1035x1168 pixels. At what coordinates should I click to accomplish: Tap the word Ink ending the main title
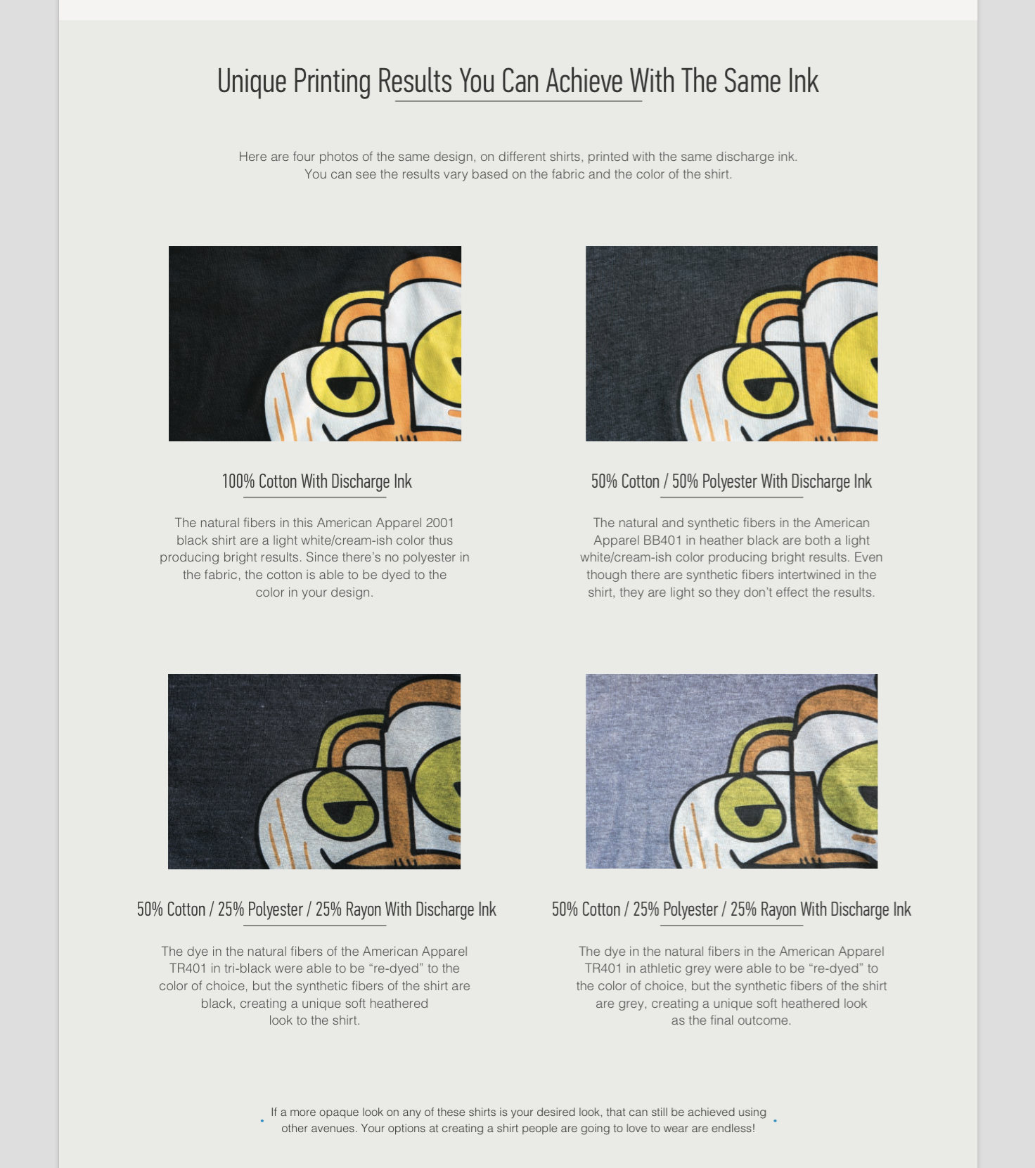(803, 82)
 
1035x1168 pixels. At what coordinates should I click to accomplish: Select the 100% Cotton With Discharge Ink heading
(316, 481)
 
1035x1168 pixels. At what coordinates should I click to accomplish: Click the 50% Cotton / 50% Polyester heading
(731, 481)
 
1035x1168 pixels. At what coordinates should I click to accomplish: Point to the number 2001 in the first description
(440, 523)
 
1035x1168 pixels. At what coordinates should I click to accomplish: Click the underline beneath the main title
(518, 101)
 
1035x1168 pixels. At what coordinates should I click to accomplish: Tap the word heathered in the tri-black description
(398, 1004)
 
